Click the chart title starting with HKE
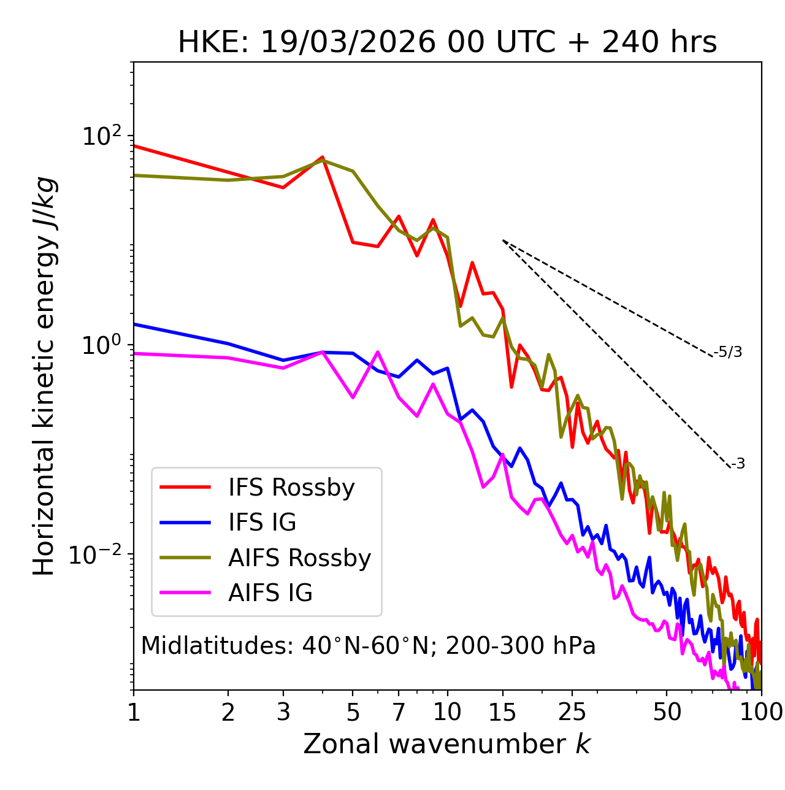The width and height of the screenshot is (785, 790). tap(447, 43)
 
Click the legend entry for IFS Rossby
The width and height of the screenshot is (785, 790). tap(291, 488)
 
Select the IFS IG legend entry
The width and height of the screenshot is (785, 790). tap(262, 523)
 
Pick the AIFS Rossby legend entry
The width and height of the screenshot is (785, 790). tap(299, 558)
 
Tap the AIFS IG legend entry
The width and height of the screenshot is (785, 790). tap(270, 593)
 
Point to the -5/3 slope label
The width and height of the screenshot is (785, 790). tap(728, 352)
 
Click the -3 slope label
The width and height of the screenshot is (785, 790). tap(738, 464)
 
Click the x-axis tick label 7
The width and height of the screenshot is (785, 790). tap(399, 712)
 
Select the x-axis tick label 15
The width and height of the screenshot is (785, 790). tap(503, 712)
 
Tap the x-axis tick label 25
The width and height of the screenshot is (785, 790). tap(572, 712)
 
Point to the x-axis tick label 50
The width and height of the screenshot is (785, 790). tap(667, 712)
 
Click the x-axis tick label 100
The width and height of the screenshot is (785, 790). tap(760, 712)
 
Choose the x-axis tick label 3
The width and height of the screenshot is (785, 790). tap(283, 712)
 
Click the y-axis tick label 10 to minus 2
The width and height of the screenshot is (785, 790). tap(98, 554)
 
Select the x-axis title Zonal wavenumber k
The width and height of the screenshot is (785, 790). tap(447, 744)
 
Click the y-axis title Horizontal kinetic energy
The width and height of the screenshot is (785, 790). tap(44, 376)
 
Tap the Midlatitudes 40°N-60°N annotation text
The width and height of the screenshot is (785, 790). tap(368, 646)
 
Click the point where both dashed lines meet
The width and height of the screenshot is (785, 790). tap(503, 240)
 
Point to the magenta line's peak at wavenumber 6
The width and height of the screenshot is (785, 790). tap(378, 352)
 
